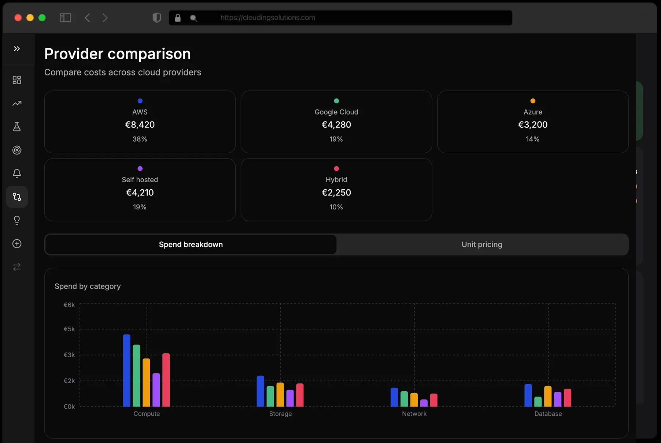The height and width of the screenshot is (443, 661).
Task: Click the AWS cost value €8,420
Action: coord(140,125)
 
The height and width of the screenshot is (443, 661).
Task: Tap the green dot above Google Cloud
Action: coord(336,101)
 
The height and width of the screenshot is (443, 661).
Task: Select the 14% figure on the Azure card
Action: coord(532,139)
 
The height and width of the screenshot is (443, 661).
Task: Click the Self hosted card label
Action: coord(140,180)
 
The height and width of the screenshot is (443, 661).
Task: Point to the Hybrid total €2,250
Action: coord(336,193)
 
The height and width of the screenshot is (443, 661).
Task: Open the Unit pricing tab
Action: coord(482,245)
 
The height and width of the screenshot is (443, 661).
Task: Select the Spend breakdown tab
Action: coord(191,245)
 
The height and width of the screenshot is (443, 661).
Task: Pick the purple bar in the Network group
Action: coord(424,403)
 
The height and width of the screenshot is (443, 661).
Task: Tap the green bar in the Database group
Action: coord(538,402)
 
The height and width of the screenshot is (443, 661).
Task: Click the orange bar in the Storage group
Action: coord(280,394)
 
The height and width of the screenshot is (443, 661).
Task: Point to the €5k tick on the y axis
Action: coord(69,329)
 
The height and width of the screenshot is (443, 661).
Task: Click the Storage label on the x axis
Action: coord(280,414)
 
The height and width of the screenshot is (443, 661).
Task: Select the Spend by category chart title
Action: coord(88,286)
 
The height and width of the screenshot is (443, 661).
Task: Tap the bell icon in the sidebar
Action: coord(17,174)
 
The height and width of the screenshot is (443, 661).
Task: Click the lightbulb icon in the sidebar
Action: coord(17,220)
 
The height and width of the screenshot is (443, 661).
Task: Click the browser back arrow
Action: coord(87,18)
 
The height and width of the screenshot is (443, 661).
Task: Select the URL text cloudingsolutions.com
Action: coord(267,18)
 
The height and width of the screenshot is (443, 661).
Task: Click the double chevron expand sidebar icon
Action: coord(17,49)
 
